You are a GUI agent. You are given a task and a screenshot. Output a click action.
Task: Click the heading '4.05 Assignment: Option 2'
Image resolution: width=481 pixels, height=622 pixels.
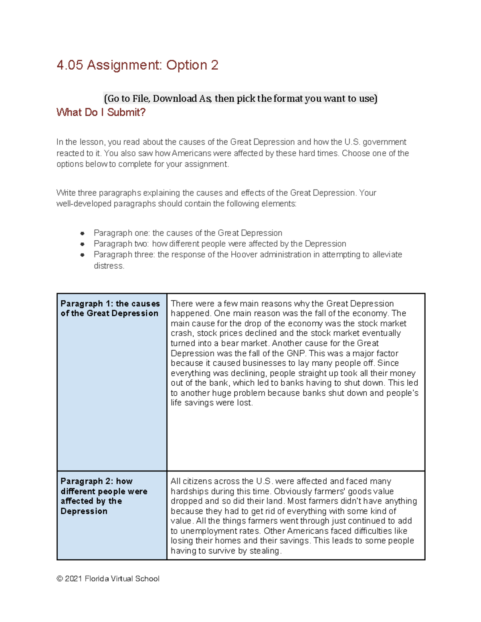[x=137, y=65]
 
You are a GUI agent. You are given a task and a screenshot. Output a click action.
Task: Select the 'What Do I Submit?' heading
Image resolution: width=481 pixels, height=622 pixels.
[x=101, y=112]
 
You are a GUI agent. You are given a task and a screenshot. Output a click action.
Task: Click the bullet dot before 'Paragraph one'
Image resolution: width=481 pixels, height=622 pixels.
[x=82, y=233]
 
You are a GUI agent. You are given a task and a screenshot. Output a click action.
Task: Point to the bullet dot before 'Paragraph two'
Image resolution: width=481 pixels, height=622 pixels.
[x=82, y=244]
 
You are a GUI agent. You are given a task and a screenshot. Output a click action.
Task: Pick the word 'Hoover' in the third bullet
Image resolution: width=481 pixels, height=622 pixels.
[x=244, y=255]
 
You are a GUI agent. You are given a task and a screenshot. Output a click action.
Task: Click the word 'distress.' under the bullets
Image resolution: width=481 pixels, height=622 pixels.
[x=109, y=266]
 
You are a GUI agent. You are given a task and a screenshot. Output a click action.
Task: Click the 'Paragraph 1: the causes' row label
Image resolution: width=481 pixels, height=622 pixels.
[x=110, y=308]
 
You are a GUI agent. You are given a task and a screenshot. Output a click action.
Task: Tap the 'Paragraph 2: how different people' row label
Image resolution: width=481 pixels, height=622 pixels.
[x=104, y=496]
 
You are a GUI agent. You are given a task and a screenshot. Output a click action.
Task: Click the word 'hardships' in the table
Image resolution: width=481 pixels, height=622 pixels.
[x=190, y=491]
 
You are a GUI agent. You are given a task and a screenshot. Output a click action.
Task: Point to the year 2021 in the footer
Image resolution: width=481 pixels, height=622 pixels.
[x=73, y=578]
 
